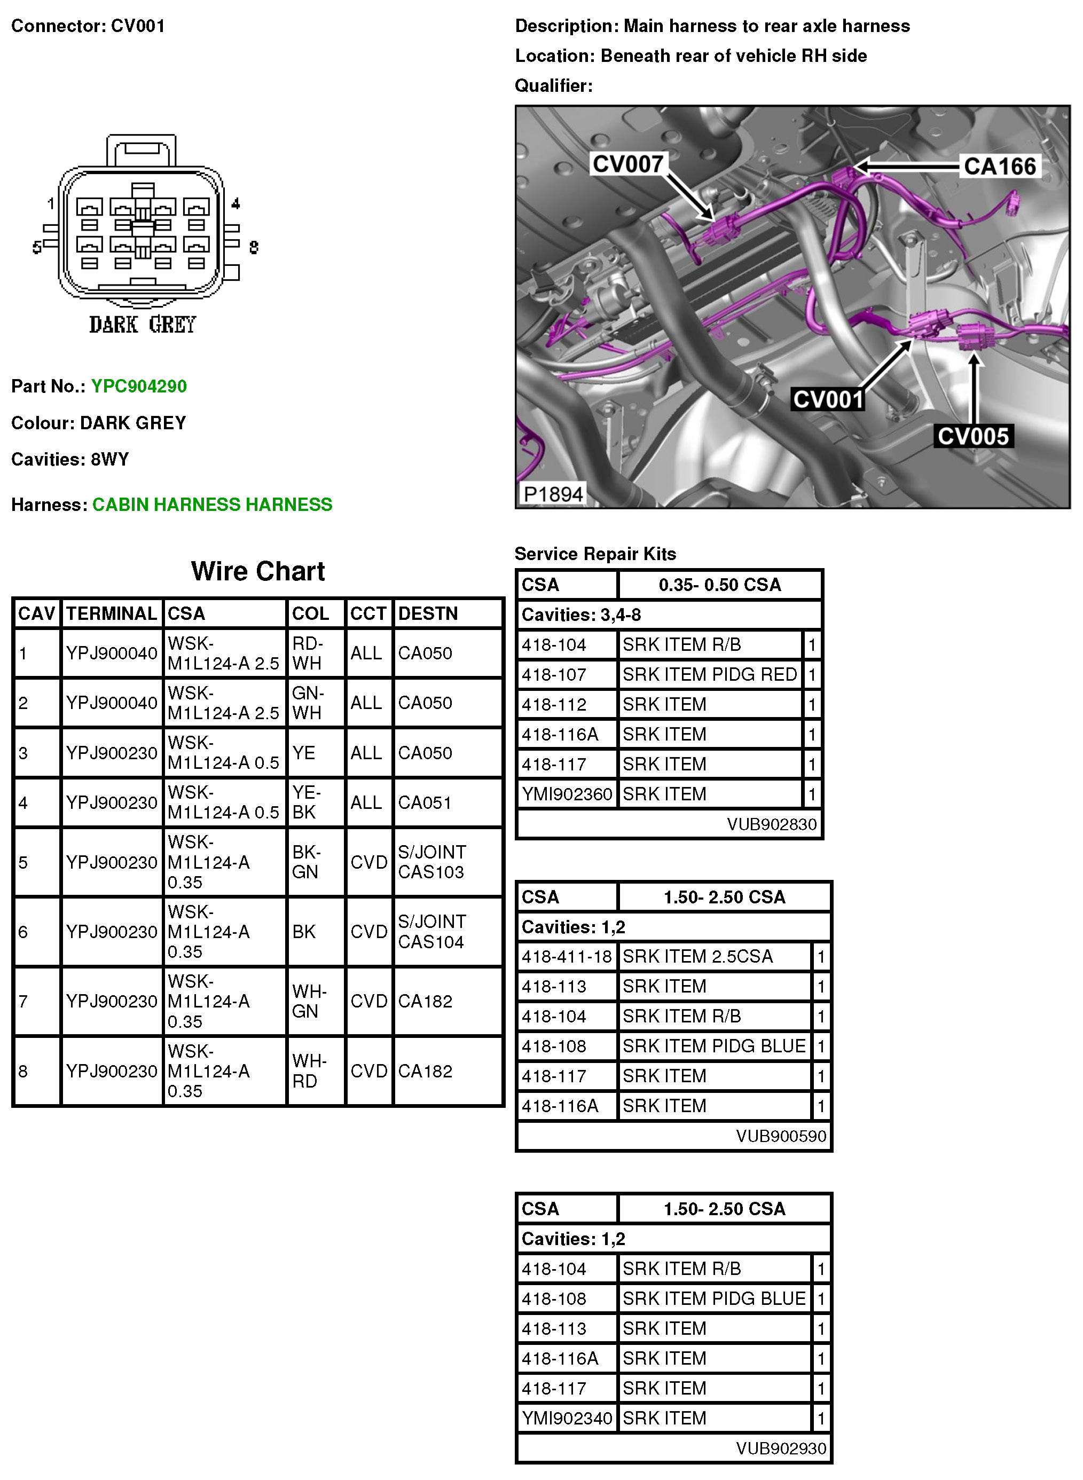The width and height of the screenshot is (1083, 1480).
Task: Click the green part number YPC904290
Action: (138, 386)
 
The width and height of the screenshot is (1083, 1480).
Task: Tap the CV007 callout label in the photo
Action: (627, 164)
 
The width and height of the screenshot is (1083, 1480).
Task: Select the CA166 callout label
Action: (999, 167)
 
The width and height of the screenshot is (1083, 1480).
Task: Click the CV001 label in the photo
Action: (828, 399)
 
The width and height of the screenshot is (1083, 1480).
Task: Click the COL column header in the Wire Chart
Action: (310, 613)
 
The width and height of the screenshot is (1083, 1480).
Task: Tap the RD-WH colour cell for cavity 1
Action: (308, 653)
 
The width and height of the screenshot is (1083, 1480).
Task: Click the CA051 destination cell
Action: (425, 802)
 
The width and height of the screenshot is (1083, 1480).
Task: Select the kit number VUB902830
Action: (772, 824)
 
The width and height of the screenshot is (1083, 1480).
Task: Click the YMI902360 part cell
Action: (567, 794)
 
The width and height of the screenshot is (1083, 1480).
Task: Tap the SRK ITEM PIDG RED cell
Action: (709, 674)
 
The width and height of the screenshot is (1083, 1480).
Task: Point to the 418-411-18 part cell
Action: (567, 957)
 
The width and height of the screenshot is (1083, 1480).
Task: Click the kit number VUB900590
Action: (781, 1136)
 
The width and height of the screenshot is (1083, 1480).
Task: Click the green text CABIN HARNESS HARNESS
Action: (212, 505)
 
